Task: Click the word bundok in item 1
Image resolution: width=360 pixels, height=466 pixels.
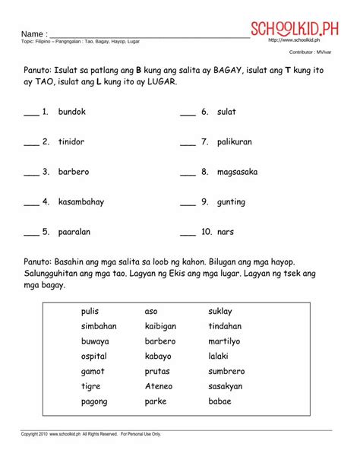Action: click(71, 112)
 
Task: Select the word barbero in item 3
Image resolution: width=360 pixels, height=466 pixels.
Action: click(74, 172)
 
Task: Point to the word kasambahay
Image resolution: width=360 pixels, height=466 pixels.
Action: click(81, 202)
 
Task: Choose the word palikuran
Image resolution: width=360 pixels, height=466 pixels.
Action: click(234, 142)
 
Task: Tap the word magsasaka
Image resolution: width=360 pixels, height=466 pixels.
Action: click(237, 172)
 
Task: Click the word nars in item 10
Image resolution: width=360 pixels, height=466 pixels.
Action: click(226, 232)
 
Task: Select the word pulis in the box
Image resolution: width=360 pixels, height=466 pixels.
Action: click(90, 311)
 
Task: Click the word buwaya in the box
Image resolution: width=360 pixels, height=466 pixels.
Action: click(95, 341)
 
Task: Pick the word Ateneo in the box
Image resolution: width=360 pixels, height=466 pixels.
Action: click(159, 386)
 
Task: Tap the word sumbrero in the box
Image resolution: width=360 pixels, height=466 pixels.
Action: click(226, 371)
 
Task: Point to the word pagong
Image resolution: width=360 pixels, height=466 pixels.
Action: click(94, 401)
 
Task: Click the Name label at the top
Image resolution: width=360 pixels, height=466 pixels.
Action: click(34, 35)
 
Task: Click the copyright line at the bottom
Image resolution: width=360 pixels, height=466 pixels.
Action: click(91, 434)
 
